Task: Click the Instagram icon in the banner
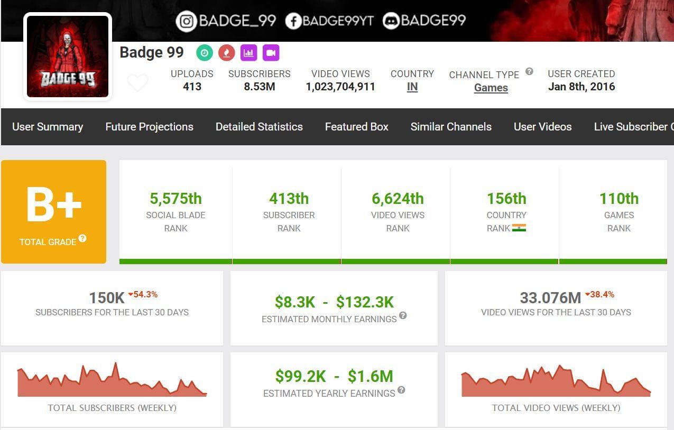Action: pos(186,21)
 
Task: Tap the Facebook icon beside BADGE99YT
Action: pos(293,21)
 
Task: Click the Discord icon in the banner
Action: pos(391,21)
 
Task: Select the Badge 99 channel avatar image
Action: pos(68,57)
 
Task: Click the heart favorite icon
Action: pos(138,83)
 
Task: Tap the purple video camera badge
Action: pos(271,53)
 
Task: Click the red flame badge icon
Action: pos(227,53)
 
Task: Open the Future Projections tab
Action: pos(149,127)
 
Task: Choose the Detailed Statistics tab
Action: pos(259,127)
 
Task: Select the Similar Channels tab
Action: pos(451,127)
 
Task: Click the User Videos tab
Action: pos(542,127)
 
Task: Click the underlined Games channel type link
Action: pos(491,88)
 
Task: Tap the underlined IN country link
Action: pos(412,87)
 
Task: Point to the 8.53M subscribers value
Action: pos(259,87)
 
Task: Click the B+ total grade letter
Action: pos(54,204)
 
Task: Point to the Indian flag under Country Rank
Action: pos(519,228)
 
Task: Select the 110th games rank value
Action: pos(618,199)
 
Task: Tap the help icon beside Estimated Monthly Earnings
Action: pos(403,316)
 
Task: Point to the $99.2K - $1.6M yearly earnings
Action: pos(334,376)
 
